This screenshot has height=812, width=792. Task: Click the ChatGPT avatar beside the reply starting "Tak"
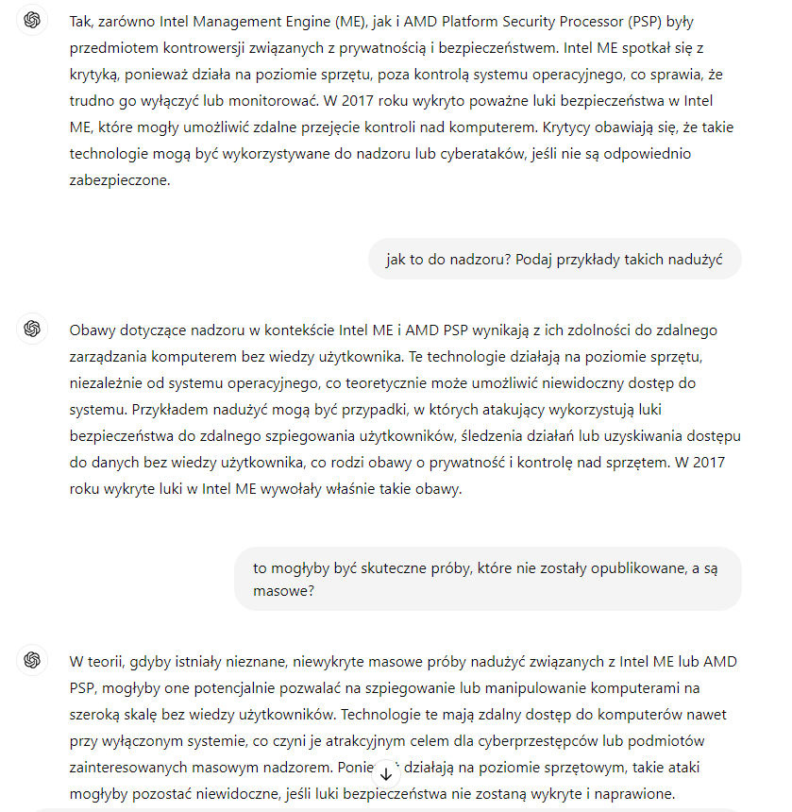[32, 21]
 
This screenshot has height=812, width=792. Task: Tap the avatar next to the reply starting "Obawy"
[32, 329]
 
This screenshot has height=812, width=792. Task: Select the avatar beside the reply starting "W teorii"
[32, 659]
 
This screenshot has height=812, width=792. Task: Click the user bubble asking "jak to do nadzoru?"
[554, 259]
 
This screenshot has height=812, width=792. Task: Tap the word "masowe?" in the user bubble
[283, 591]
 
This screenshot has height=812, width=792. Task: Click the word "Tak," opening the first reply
[82, 21]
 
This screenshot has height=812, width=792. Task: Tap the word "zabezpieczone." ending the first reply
[120, 179]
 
